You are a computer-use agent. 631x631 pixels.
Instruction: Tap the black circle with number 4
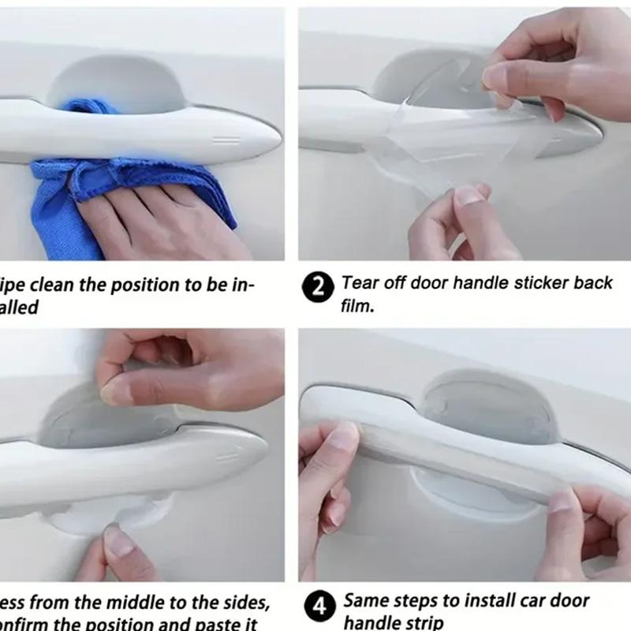(317, 608)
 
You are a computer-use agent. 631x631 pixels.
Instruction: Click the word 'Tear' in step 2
(360, 283)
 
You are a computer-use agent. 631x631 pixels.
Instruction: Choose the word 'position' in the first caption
(141, 285)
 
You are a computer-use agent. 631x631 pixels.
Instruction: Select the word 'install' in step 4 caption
(483, 601)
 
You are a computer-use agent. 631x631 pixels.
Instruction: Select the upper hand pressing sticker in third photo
(189, 371)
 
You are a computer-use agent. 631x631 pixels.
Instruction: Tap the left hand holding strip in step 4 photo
(327, 481)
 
